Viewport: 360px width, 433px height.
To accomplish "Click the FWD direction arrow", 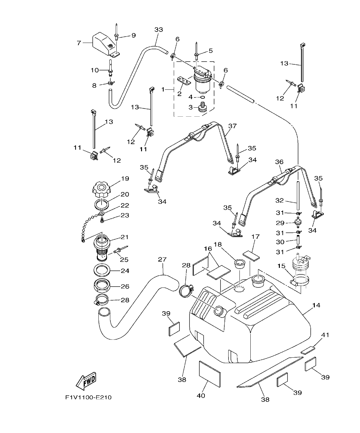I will tap(86, 381).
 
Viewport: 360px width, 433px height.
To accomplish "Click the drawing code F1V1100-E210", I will tap(88, 397).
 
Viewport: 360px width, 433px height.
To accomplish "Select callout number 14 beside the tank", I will tap(316, 305).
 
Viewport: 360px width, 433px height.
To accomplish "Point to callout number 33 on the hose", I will tap(158, 30).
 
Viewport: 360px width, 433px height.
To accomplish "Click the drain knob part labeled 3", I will tap(202, 107).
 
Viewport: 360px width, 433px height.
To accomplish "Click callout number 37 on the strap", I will tap(232, 126).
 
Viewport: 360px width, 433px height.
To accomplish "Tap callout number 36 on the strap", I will tap(279, 162).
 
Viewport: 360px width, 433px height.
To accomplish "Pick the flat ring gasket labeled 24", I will tap(103, 270).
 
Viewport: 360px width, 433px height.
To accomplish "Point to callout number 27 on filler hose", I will tap(162, 259).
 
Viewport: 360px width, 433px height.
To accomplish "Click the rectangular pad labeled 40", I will tap(210, 374).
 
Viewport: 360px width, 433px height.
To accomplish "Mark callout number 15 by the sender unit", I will tap(281, 266).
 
